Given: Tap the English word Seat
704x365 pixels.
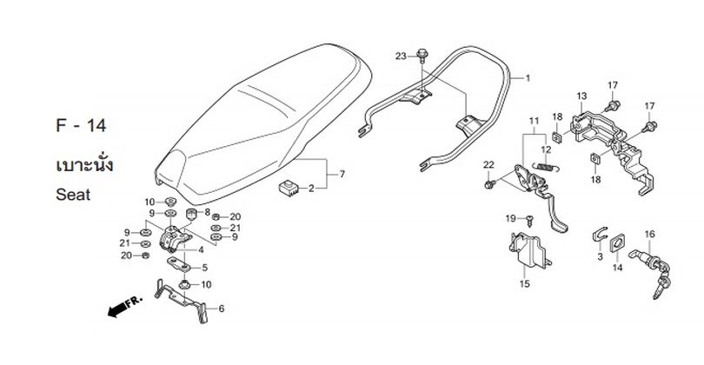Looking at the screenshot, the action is tap(73, 195).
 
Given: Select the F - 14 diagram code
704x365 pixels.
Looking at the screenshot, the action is tap(81, 126).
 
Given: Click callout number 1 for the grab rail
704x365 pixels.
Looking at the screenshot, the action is tap(528, 78).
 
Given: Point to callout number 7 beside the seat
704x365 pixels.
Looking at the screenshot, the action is tap(342, 174).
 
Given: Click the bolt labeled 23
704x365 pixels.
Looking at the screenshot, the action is tap(422, 55).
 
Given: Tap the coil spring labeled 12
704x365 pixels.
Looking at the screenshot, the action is tap(546, 168).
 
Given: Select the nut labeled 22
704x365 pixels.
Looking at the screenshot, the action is tap(489, 183).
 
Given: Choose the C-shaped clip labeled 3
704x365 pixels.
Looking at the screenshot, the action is tap(599, 235).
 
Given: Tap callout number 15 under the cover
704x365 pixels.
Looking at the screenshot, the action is tap(525, 283).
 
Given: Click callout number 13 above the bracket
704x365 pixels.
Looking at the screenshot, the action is tap(581, 96).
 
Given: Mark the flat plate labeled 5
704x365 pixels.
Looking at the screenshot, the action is tap(179, 264).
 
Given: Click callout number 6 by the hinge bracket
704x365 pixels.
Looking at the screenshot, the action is tap(222, 309).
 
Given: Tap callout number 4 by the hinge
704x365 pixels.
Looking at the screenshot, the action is tap(201, 250).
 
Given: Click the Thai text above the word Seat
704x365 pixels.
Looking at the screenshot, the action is tap(84, 164).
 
